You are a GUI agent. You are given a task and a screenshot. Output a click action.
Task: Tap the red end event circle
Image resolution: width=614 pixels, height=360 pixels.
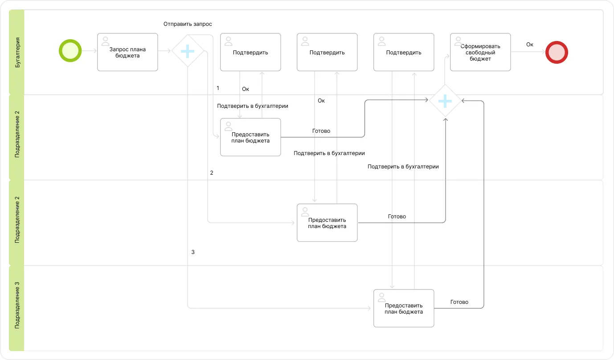click(x=557, y=52)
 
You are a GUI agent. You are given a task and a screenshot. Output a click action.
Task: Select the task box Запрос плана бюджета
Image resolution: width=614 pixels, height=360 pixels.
click(x=127, y=52)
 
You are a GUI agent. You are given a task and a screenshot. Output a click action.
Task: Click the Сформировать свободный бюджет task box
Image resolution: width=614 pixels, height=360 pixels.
click(x=480, y=52)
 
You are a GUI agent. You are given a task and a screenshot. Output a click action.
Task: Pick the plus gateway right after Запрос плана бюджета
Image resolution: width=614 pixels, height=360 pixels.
click(x=188, y=51)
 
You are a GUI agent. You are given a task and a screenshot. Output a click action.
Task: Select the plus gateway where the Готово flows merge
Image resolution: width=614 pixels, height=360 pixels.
click(x=445, y=101)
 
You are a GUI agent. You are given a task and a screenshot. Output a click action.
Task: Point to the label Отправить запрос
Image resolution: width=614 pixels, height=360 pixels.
click(x=187, y=24)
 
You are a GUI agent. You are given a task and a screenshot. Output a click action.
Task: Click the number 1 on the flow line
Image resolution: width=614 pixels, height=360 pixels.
click(x=218, y=88)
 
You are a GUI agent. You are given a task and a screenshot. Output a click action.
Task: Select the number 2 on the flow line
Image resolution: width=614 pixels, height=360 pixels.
click(x=212, y=173)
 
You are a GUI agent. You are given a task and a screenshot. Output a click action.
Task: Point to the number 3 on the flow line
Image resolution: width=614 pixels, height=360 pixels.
click(x=193, y=252)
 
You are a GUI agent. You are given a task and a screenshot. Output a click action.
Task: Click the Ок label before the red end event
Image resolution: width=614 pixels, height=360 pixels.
click(x=529, y=45)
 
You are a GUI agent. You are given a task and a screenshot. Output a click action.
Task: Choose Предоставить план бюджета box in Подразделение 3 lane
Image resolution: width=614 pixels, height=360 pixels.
click(x=403, y=308)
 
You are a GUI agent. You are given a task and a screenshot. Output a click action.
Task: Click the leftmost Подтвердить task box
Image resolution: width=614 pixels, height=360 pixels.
click(x=250, y=52)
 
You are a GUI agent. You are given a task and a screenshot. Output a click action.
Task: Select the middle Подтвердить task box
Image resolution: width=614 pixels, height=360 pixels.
click(x=327, y=52)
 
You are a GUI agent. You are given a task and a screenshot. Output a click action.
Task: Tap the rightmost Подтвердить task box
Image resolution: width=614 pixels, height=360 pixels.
click(x=403, y=52)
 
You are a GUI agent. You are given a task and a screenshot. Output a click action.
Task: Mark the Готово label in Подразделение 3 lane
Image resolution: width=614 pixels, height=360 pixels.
click(x=459, y=302)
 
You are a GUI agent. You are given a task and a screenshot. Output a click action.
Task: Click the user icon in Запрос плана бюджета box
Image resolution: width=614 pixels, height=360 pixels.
click(x=106, y=41)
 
